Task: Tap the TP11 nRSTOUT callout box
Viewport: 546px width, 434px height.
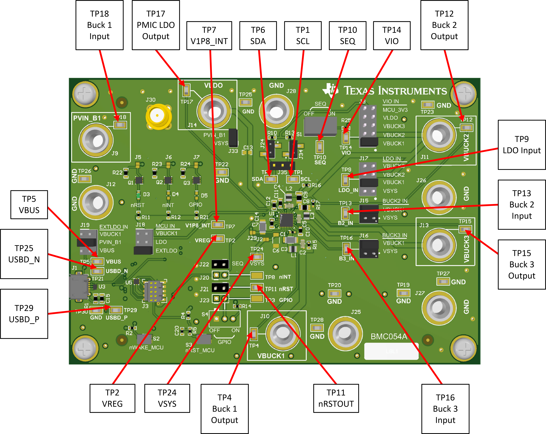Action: click(x=336, y=398)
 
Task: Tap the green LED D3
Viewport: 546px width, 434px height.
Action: click(x=138, y=195)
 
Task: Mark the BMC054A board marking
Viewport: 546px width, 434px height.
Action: click(x=389, y=336)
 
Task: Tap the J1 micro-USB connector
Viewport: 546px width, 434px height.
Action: click(x=79, y=287)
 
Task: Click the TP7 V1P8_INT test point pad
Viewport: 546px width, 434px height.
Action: click(x=218, y=225)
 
